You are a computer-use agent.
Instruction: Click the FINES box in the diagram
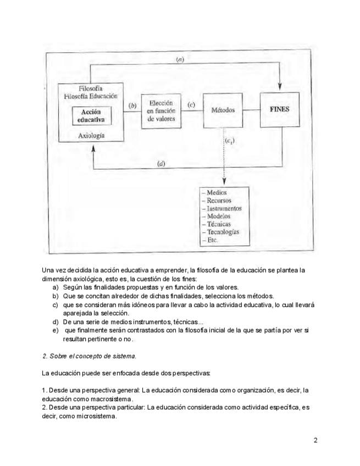click(280, 110)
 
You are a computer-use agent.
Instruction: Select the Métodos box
click(223, 110)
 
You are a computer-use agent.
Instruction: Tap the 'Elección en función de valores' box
click(161, 110)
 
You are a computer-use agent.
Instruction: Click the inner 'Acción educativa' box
click(91, 115)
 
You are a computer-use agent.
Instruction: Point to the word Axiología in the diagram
click(91, 134)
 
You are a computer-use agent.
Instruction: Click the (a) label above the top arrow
click(180, 59)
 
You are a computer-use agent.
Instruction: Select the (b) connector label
click(132, 105)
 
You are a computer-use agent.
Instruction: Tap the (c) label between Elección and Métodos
click(192, 104)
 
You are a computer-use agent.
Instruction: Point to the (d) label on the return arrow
click(162, 163)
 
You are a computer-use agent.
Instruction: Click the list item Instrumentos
click(223, 209)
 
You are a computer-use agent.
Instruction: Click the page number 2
click(315, 440)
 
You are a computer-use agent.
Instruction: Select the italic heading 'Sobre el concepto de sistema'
click(90, 356)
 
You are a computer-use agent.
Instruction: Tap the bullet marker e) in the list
click(55, 330)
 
